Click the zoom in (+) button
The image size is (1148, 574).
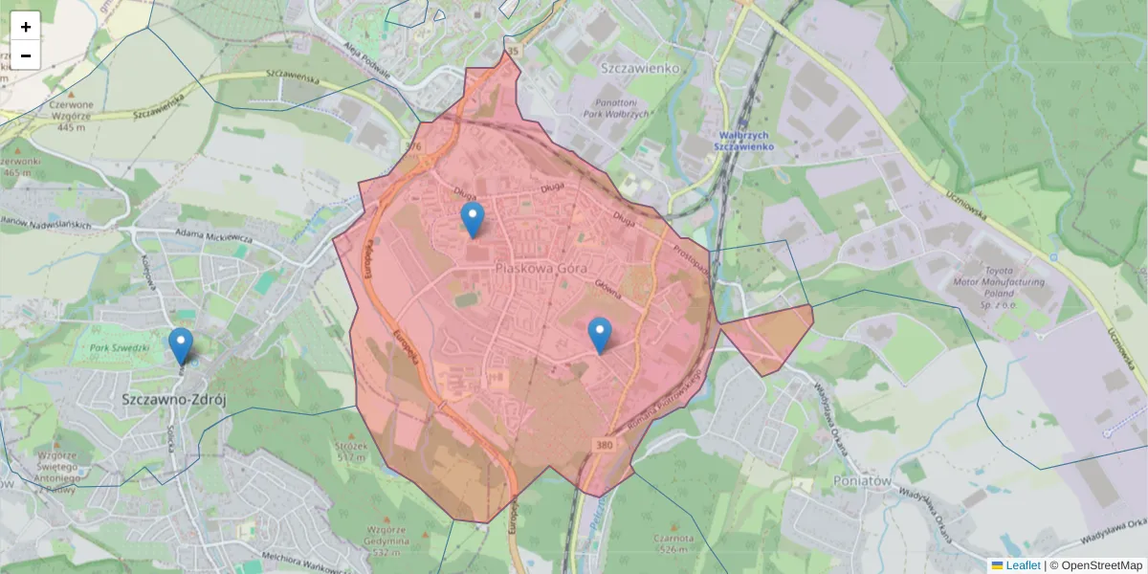click(26, 27)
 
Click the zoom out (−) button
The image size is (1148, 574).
click(26, 55)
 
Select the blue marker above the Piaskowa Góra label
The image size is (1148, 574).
click(472, 220)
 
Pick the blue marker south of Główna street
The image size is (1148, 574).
click(600, 336)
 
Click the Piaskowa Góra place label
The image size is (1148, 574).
click(541, 269)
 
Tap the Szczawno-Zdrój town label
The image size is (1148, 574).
click(173, 399)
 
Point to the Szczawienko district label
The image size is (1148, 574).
click(640, 68)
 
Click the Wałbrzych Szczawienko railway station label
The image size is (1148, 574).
click(744, 142)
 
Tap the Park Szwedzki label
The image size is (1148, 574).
click(119, 347)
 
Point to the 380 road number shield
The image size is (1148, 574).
click(603, 445)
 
